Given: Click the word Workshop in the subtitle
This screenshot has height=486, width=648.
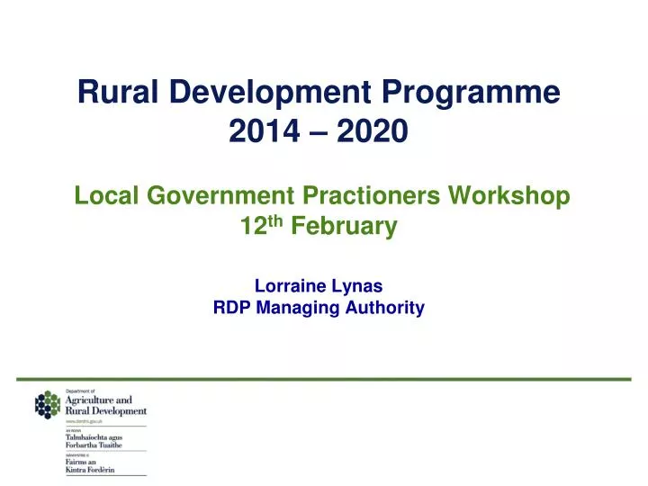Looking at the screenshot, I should (515, 194).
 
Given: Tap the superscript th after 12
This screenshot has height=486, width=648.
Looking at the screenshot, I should (279, 222).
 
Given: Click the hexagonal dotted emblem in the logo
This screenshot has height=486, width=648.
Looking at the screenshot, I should (48, 406).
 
